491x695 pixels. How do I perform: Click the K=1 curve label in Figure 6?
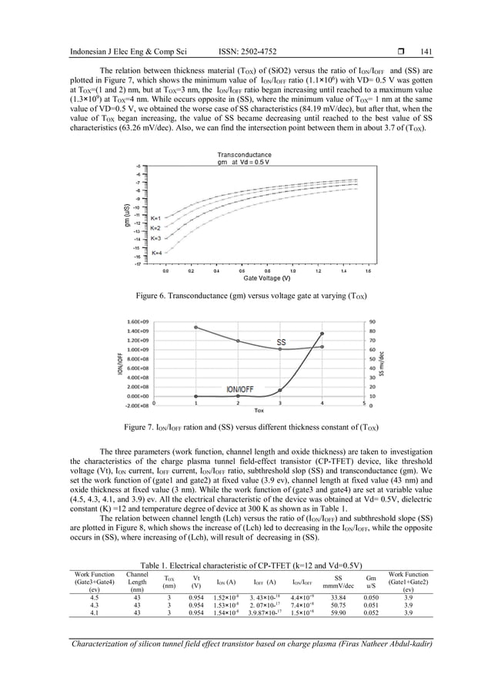pyautogui.click(x=155, y=218)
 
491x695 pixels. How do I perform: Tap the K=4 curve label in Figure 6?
pyautogui.click(x=156, y=253)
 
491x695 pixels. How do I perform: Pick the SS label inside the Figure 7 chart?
pyautogui.click(x=281, y=341)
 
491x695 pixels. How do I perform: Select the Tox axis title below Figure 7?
pyautogui.click(x=259, y=410)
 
